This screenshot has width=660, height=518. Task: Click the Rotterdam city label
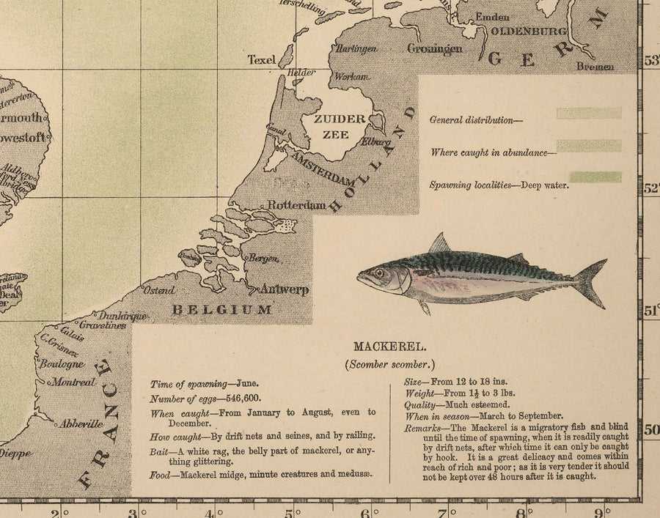tap(296, 206)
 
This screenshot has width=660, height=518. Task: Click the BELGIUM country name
tap(221, 310)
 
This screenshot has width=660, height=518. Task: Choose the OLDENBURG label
tap(529, 32)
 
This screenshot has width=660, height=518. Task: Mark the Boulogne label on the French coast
tap(62, 364)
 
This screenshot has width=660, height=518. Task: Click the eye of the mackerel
tap(379, 273)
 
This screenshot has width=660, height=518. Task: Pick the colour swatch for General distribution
tap(589, 114)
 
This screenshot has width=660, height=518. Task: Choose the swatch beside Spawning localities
tap(589, 177)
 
